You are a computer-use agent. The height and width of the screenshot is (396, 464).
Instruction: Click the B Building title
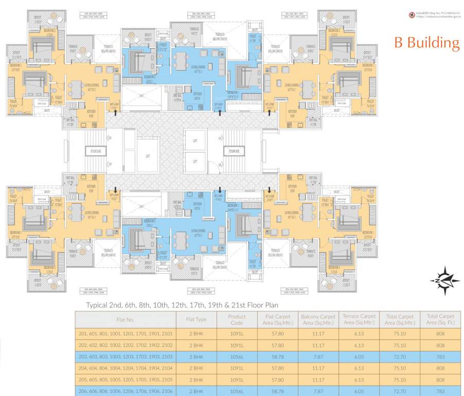click(x=426, y=43)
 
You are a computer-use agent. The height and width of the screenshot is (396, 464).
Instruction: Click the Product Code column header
click(x=237, y=319)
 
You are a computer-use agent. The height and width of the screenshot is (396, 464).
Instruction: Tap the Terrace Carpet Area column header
click(x=359, y=319)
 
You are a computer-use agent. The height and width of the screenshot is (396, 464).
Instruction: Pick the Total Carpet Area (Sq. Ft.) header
click(x=440, y=319)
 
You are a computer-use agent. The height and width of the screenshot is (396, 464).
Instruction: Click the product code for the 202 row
click(x=237, y=345)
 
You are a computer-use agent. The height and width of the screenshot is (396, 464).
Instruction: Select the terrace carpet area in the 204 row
click(x=359, y=368)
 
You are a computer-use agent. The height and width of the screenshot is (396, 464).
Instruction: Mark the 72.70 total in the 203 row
click(x=400, y=356)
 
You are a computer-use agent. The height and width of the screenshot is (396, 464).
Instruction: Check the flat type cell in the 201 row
click(x=196, y=333)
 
